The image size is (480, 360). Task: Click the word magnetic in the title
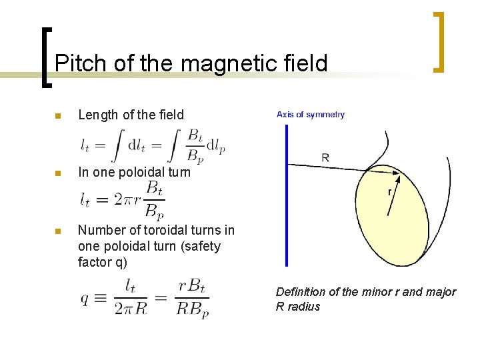click(x=224, y=63)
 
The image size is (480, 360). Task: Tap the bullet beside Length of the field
click(x=57, y=116)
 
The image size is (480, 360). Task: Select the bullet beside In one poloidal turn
click(x=57, y=173)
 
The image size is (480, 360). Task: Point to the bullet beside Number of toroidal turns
click(x=57, y=231)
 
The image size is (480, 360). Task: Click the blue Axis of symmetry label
click(x=311, y=115)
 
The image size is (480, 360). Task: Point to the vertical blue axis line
click(x=287, y=200)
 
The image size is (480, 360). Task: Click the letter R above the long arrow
click(x=325, y=158)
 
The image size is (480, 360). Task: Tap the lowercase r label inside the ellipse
click(x=390, y=192)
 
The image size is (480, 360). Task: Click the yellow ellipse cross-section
click(x=400, y=227)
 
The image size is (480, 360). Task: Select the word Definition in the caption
click(x=301, y=292)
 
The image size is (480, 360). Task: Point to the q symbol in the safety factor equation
click(x=85, y=299)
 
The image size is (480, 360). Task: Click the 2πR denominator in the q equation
click(x=132, y=309)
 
